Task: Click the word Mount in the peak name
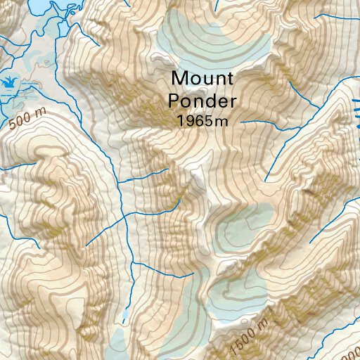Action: (x=202, y=76)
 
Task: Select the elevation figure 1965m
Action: (x=202, y=120)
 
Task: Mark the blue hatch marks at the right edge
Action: (x=356, y=112)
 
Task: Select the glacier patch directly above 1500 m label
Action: (x=239, y=295)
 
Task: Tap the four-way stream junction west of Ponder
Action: (x=126, y=217)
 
